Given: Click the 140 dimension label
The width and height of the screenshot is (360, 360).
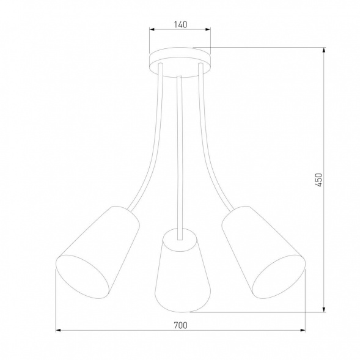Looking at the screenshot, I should click(180, 25).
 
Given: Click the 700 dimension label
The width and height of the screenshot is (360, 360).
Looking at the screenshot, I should click(180, 325).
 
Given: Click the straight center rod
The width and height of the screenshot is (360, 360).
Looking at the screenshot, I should click(180, 153).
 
